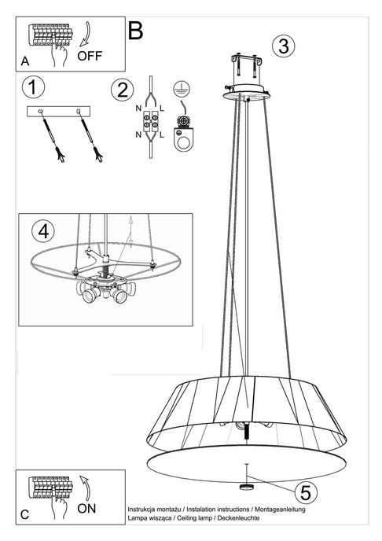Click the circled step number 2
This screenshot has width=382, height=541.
(x=119, y=89)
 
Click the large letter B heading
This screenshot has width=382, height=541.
(x=135, y=31)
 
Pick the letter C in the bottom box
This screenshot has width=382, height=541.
(x=25, y=514)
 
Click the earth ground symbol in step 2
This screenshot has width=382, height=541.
(x=182, y=90)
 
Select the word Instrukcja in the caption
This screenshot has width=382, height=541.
(x=143, y=510)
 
